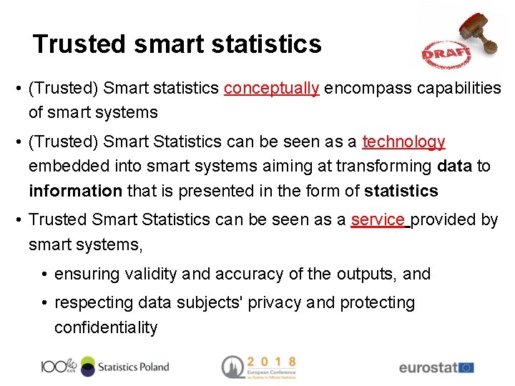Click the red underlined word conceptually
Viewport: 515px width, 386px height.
coord(271,89)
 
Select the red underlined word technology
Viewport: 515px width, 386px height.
coord(403,142)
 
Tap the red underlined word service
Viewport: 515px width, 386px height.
coord(378,220)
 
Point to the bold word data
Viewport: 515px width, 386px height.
coord(453,167)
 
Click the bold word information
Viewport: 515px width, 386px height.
coord(75,192)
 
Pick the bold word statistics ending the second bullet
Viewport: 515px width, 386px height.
coord(401,192)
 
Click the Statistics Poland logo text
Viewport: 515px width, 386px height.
coord(133,367)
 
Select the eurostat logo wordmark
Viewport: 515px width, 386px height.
coord(427,368)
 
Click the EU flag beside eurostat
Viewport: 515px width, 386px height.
coord(466,367)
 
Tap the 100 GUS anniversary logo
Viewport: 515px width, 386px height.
coord(59,366)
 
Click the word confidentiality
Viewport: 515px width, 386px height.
coord(106,328)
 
